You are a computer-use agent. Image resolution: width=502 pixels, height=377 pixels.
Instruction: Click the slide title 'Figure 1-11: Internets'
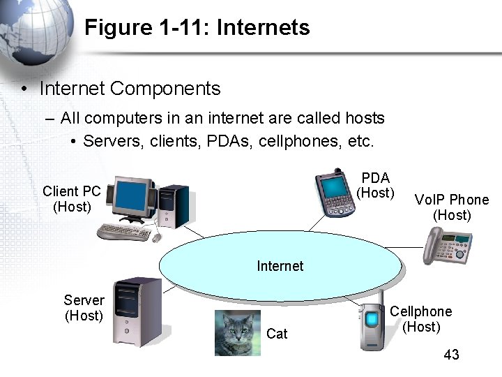tap(197, 28)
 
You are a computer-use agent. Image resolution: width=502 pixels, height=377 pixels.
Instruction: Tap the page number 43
tap(451, 355)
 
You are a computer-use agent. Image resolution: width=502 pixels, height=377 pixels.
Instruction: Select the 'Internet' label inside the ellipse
tap(280, 266)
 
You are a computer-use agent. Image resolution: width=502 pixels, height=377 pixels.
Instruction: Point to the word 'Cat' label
tap(277, 334)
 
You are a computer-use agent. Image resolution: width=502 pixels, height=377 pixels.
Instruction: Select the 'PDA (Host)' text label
tap(375, 186)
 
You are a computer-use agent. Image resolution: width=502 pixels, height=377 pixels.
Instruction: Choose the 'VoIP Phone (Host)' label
tap(452, 207)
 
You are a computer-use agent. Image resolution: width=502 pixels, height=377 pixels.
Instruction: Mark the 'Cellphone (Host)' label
tap(420, 319)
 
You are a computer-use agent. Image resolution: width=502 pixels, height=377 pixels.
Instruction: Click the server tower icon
tap(137, 311)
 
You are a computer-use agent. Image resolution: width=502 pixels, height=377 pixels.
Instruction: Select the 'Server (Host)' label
tap(84, 308)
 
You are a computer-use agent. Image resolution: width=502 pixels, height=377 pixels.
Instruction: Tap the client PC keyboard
tap(124, 231)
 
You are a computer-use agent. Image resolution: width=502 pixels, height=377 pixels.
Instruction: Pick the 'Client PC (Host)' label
tap(72, 199)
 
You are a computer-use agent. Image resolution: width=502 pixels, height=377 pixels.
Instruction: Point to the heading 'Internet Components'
tap(130, 89)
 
